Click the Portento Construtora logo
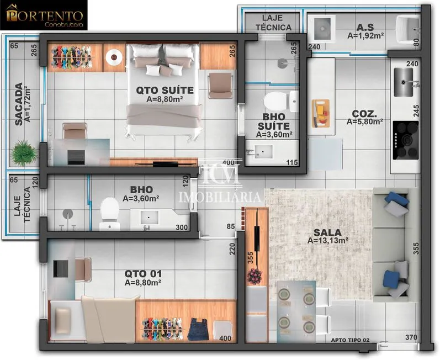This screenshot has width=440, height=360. click(x=44, y=15)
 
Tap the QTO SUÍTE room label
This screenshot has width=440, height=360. click(x=165, y=91)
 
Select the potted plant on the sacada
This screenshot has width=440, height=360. click(x=24, y=153)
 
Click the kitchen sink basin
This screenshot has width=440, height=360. click(x=403, y=82)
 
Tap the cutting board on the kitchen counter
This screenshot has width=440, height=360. click(x=321, y=113)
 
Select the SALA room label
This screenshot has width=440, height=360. click(x=327, y=232)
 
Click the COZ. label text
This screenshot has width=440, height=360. click(x=364, y=114)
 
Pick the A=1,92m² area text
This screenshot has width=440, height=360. click(x=365, y=36)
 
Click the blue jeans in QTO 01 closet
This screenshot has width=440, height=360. click(x=198, y=329)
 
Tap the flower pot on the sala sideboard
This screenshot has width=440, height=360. click(x=255, y=276)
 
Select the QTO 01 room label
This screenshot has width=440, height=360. click(x=143, y=273)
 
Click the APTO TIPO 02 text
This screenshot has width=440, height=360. click(x=350, y=340)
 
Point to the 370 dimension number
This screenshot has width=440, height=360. click(x=411, y=337)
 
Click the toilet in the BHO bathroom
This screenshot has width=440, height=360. click(x=110, y=214)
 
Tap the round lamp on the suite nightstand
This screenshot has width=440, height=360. click(x=114, y=57)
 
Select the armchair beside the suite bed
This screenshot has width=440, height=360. click(x=221, y=86)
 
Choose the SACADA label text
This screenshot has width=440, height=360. click(x=19, y=104)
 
